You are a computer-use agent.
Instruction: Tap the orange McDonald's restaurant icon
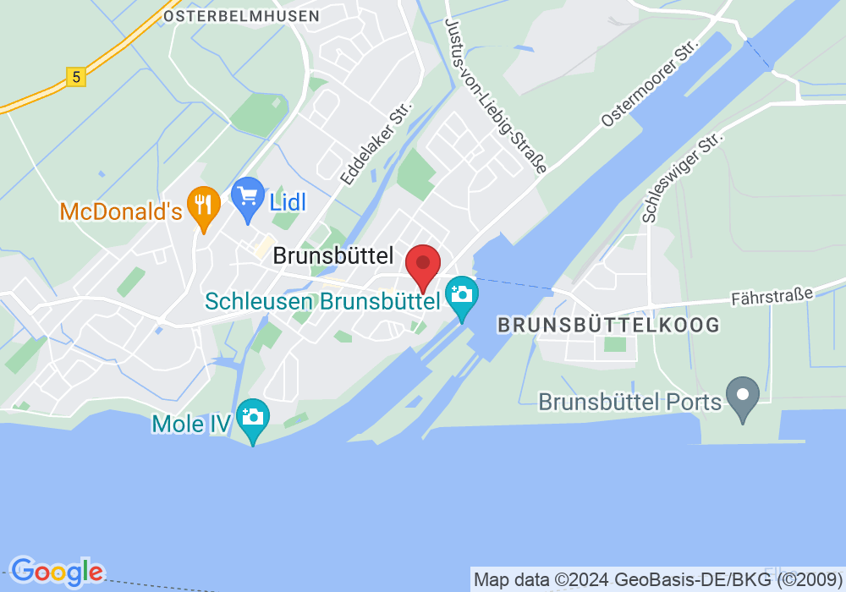click(x=203, y=206)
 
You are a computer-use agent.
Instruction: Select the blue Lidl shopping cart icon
click(x=248, y=198)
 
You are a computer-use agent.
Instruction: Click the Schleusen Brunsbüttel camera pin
click(x=462, y=295)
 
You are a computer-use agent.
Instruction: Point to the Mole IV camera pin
click(x=252, y=418)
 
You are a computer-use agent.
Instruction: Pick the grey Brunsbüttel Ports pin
click(x=744, y=395)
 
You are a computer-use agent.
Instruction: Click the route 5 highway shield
click(x=77, y=77)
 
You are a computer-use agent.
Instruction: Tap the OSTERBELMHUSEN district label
click(x=241, y=16)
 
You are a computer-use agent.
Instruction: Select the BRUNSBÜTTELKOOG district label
click(x=609, y=325)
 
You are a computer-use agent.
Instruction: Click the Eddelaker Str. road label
click(x=376, y=145)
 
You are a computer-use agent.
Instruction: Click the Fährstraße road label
click(x=772, y=296)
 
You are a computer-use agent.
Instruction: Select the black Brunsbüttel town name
click(x=333, y=256)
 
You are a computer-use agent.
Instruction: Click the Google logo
click(x=57, y=572)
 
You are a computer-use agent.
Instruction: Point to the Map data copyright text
click(x=658, y=580)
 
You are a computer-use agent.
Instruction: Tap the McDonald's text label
click(x=121, y=211)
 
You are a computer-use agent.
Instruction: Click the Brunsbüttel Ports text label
click(x=630, y=401)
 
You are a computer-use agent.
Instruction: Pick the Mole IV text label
click(x=191, y=423)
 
